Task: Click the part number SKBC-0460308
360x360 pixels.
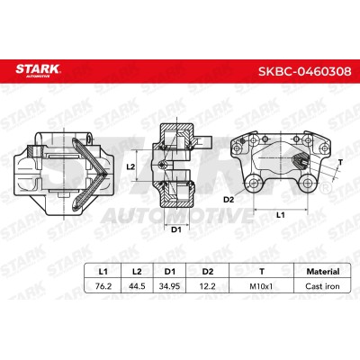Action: [x=304, y=72]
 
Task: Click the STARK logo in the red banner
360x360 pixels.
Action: [x=38, y=70]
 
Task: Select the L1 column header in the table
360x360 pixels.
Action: [x=103, y=272]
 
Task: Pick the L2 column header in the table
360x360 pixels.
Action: [x=137, y=272]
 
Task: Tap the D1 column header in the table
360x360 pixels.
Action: [x=170, y=272]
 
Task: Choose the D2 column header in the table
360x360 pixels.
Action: [x=208, y=272]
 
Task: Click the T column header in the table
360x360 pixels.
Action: [x=262, y=272]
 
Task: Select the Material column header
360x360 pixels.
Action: [x=323, y=272]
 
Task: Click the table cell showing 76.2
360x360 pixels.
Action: [x=103, y=286]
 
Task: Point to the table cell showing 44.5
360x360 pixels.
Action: [x=137, y=286]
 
